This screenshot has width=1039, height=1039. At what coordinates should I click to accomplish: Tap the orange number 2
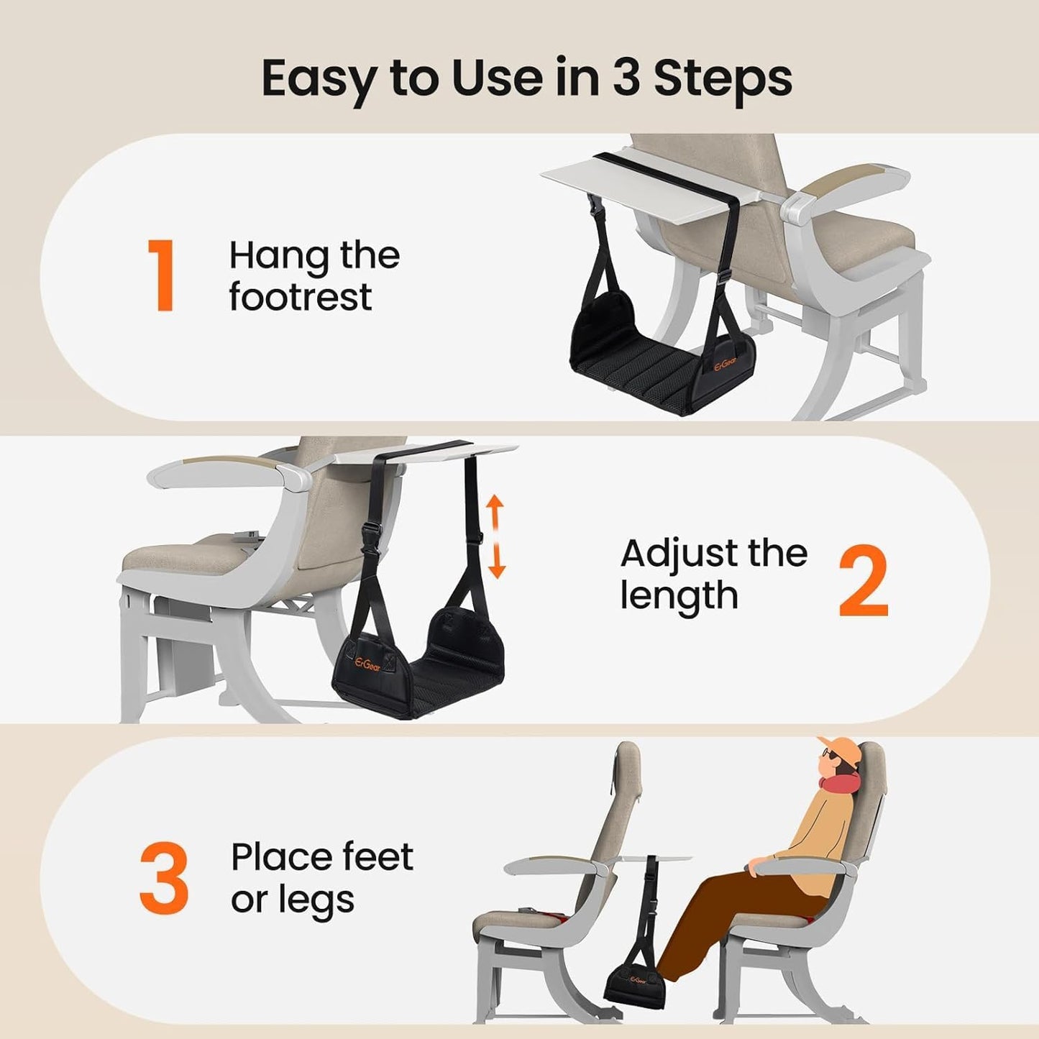coord(864,580)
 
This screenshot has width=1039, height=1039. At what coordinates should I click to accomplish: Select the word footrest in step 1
coord(301,296)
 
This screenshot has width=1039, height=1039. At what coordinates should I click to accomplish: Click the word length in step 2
coord(679,595)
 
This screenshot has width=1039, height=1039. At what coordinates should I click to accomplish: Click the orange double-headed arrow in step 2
coord(495,537)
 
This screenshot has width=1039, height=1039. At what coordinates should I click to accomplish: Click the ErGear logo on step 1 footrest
coord(726,366)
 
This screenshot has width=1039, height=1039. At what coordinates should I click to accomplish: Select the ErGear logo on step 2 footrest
coord(367,664)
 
